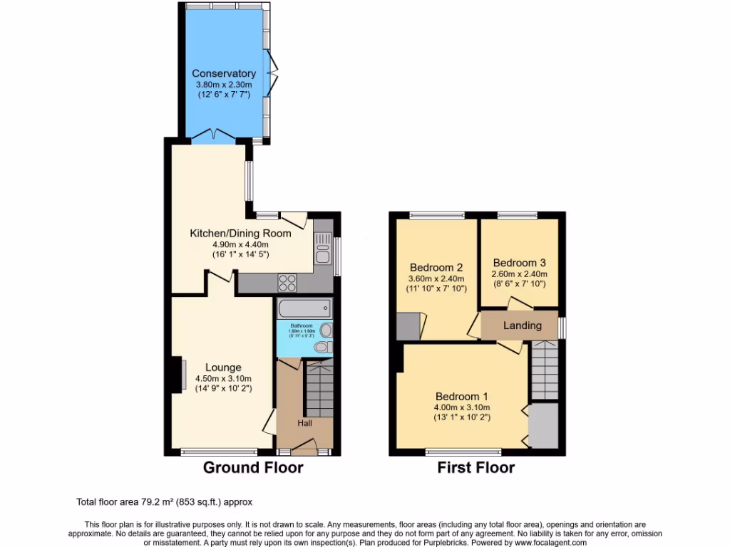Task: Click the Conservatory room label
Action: [223, 73]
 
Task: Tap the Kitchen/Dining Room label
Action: [240, 233]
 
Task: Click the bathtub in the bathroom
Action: [304, 309]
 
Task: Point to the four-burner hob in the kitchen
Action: [287, 283]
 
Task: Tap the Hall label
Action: [304, 422]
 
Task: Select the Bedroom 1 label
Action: [462, 396]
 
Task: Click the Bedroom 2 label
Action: [436, 268]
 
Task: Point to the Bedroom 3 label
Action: [519, 261]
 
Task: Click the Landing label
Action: [522, 325]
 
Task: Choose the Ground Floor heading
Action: [253, 468]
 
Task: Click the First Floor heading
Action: [476, 468]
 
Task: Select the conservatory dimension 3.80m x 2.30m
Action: [223, 85]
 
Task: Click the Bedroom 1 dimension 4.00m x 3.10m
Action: [462, 407]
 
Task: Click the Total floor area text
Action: [164, 501]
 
